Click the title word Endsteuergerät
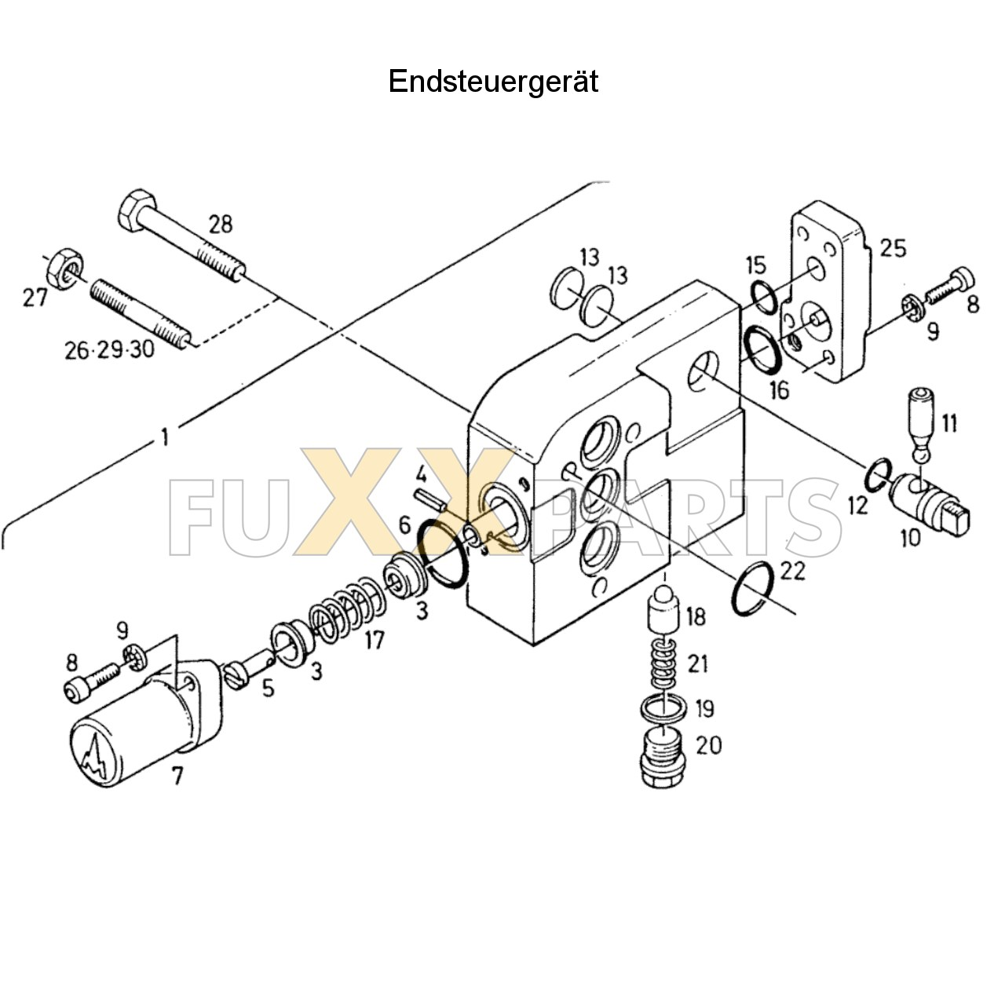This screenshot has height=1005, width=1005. point(493,81)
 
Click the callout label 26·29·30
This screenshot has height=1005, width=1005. point(110,349)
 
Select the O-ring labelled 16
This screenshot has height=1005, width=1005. point(762,349)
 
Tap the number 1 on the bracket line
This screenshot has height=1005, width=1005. point(164,437)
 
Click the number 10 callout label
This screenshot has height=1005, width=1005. point(909,539)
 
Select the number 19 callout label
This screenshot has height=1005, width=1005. point(704,708)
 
